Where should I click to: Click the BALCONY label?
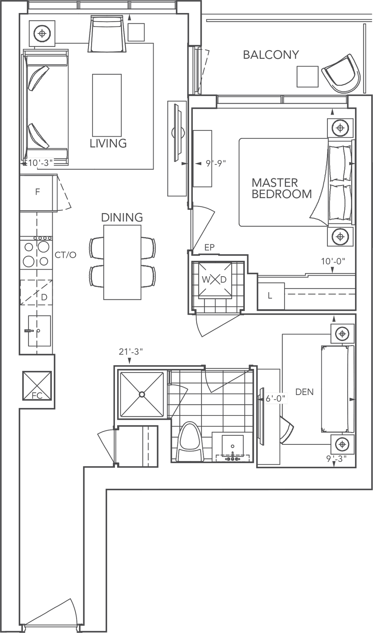coord(271,55)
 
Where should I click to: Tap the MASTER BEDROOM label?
coord(281,188)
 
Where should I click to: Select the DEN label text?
coord(304,392)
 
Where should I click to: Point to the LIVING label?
coord(108,143)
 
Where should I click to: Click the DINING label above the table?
coord(122,217)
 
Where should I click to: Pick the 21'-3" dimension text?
coord(131,351)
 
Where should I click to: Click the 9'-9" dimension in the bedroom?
coord(216,163)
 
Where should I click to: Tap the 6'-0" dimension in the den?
coord(275,398)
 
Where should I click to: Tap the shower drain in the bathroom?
coord(142,394)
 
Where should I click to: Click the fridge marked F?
coord(38,192)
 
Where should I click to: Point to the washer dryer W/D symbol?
coord(214,279)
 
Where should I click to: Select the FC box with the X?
coord(37,386)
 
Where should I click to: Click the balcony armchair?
coord(341,75)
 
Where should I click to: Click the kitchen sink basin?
coord(39,331)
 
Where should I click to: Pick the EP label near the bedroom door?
coord(209,247)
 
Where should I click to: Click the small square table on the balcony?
coord(307,77)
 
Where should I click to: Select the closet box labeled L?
coord(270,296)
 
